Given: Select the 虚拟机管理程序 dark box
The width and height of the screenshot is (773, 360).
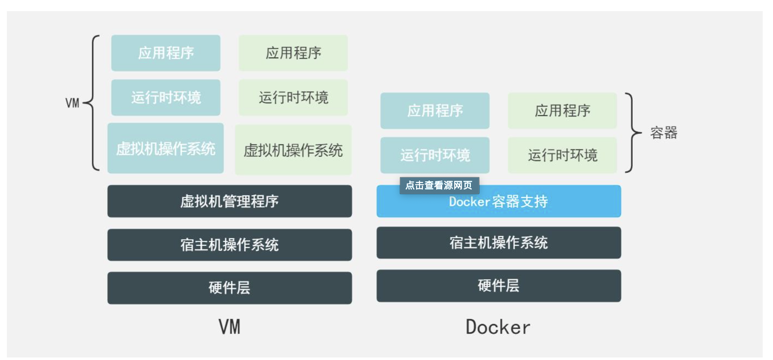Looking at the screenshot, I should (x=229, y=201).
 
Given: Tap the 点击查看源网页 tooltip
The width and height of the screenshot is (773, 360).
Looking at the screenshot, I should (x=439, y=185).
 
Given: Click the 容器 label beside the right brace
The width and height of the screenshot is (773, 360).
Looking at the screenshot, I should (x=663, y=133).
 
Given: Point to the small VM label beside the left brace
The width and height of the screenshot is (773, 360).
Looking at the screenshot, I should (x=72, y=103).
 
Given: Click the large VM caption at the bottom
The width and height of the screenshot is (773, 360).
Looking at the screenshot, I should (x=229, y=327).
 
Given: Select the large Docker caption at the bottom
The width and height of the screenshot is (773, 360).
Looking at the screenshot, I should (x=498, y=327).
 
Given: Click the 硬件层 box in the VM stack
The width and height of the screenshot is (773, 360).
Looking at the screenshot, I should (x=229, y=288).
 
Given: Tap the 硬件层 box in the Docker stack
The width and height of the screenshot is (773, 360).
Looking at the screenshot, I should (x=498, y=285).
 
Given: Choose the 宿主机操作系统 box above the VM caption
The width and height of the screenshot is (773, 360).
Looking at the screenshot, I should (x=229, y=245).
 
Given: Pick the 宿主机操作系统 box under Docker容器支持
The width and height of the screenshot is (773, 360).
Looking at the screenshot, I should (x=498, y=243).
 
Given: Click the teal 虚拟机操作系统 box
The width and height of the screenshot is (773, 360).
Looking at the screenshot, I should (x=165, y=148).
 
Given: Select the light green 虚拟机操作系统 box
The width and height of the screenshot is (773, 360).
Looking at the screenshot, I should (x=293, y=150).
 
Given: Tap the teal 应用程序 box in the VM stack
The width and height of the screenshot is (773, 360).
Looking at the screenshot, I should (x=165, y=53).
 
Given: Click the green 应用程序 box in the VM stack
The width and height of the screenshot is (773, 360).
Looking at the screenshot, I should (x=293, y=53).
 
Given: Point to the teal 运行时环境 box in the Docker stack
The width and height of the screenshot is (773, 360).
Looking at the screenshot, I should (x=434, y=155).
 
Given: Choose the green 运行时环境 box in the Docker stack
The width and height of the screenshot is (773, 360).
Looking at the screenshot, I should (x=562, y=155).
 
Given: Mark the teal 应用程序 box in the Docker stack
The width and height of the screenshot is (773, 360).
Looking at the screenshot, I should (x=434, y=111).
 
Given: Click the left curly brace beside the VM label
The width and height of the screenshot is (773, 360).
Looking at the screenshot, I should (x=93, y=103).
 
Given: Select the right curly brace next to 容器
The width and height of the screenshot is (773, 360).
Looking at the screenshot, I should (x=632, y=133).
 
